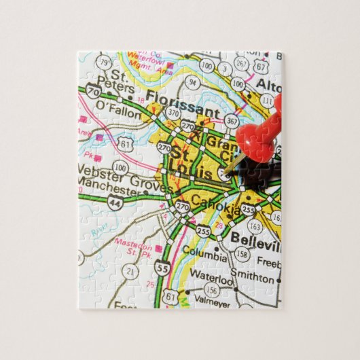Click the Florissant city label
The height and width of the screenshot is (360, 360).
[181, 111]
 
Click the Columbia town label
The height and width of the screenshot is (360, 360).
[205, 257]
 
